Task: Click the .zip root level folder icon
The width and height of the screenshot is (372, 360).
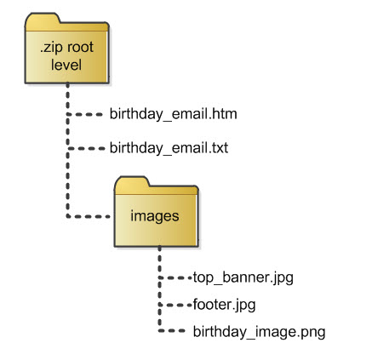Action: click(x=67, y=49)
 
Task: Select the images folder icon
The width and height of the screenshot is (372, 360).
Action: click(x=156, y=212)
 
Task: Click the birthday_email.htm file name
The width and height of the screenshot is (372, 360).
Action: click(x=174, y=115)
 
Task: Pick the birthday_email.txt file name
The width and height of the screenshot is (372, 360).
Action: click(x=169, y=148)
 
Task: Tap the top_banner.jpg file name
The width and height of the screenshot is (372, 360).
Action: click(x=243, y=277)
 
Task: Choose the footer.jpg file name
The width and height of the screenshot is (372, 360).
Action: click(x=224, y=305)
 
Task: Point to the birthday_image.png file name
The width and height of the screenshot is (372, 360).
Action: click(x=259, y=332)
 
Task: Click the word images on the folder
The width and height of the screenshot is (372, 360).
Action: click(x=155, y=217)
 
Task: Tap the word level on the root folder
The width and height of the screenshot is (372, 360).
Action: click(x=66, y=65)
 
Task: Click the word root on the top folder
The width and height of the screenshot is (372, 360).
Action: click(x=80, y=48)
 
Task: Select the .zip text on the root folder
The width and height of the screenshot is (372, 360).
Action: click(x=52, y=48)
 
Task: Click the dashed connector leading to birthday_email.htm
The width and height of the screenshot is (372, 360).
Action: click(x=85, y=115)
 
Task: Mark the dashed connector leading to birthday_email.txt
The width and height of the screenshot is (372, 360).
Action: click(x=86, y=148)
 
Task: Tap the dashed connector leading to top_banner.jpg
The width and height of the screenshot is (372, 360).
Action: click(x=175, y=278)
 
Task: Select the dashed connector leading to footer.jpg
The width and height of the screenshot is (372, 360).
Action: click(x=175, y=306)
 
